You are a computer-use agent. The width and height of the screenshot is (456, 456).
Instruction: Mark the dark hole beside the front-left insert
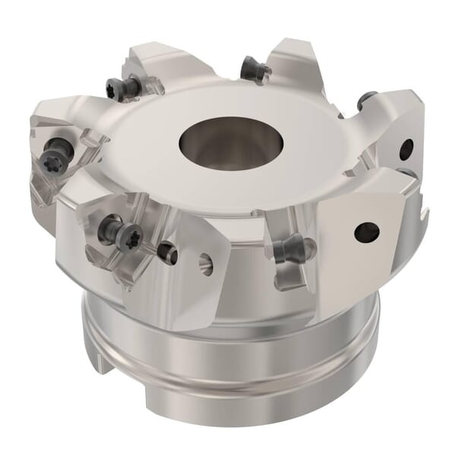pyautogui.click(x=168, y=253)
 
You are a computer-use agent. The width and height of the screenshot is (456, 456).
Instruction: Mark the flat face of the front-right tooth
pyautogui.click(x=357, y=243)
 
